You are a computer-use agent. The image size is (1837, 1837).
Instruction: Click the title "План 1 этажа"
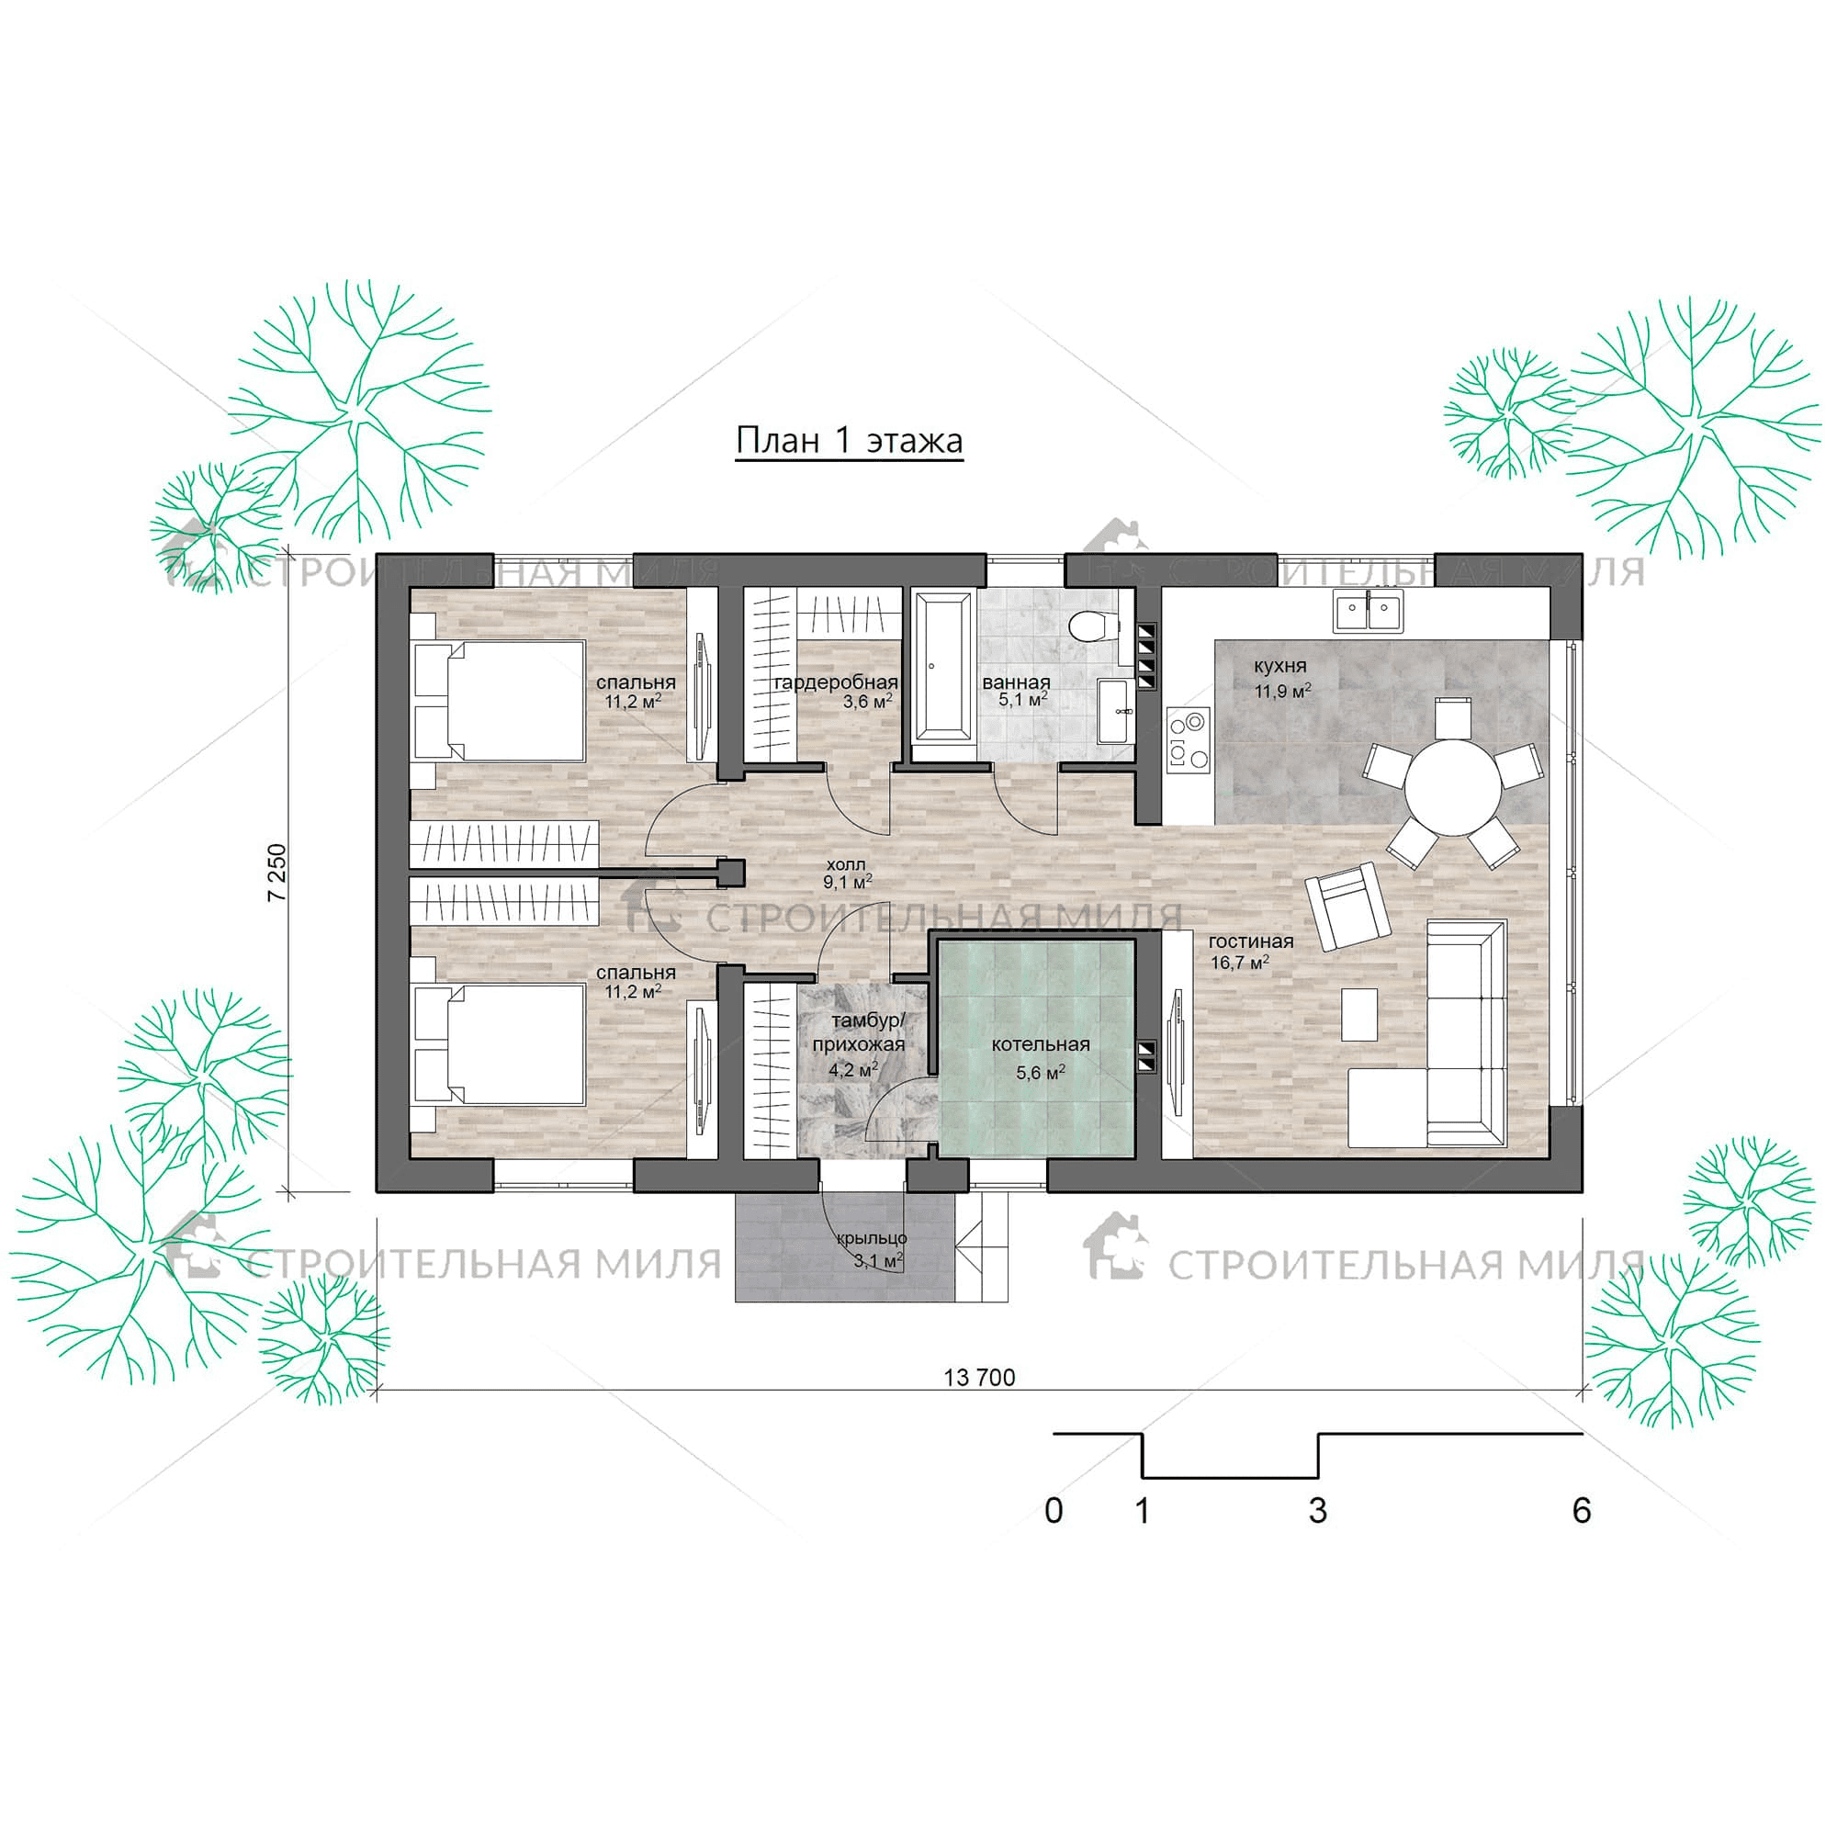[849, 441]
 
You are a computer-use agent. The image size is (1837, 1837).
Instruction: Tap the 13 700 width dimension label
[979, 1378]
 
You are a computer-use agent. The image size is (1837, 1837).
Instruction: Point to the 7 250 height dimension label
[276, 872]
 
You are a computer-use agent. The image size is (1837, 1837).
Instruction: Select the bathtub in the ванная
[943, 677]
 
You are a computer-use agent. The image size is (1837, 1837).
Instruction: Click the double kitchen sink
[1369, 612]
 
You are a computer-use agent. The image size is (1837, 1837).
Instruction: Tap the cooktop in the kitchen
[1189, 738]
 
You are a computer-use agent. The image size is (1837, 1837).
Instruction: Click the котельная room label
[1041, 1044]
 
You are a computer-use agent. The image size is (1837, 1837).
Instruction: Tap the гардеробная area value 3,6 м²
[867, 702]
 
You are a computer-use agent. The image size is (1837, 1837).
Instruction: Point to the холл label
[845, 864]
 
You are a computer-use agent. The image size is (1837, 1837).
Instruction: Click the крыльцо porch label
[872, 1238]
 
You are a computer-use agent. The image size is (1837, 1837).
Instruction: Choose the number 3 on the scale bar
[1318, 1510]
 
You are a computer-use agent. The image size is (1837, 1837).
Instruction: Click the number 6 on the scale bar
[1582, 1510]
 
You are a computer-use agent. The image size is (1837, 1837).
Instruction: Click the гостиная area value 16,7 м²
[1239, 963]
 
